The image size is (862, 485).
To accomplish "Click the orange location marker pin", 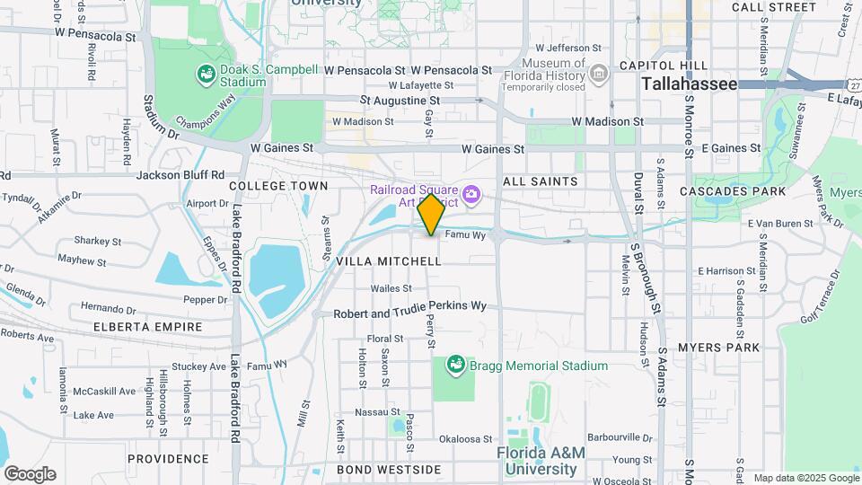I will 432,215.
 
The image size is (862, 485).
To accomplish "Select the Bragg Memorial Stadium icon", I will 456,366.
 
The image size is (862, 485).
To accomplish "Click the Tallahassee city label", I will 690,84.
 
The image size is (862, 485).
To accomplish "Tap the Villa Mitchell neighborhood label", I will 389,261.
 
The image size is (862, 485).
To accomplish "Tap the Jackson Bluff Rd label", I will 180,175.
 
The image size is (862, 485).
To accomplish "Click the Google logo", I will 30,474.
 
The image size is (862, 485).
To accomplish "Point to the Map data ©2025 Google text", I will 805,478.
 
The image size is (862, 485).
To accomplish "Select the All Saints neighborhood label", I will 541,181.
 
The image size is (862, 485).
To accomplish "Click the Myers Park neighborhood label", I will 718,347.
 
